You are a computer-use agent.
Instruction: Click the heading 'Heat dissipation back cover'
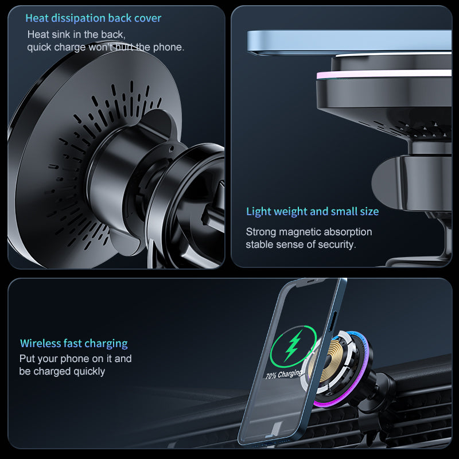94,18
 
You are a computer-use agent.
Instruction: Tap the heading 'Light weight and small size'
312,211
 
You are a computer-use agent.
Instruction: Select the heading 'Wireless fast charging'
74,343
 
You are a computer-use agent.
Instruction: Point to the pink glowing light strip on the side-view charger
383,75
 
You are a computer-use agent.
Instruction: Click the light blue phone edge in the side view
349,41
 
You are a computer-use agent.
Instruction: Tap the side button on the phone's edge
334,321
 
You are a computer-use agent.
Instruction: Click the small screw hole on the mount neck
172,149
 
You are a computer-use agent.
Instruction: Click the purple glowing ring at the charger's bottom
331,404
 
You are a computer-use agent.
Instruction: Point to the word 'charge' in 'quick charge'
70,47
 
